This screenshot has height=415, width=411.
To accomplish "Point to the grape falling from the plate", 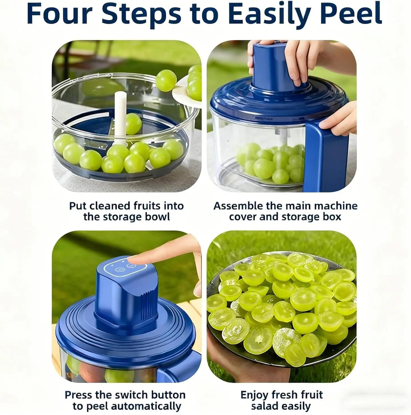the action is pyautogui.click(x=166, y=80).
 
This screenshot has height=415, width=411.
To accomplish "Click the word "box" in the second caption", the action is pyautogui.click(x=331, y=217).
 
